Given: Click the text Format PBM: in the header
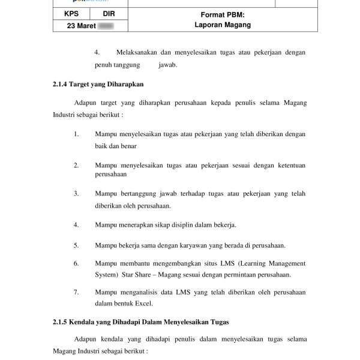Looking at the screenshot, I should click(x=223, y=14).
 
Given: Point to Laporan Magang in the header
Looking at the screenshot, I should click(x=223, y=25).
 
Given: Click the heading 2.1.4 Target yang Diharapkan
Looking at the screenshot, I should click(x=98, y=84).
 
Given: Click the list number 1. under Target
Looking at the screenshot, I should click(x=76, y=133).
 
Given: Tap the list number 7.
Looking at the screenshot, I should click(x=76, y=292).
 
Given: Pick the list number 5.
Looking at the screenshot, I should click(x=76, y=245).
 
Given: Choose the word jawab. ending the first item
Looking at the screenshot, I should click(x=168, y=64).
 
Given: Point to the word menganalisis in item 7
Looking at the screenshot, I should click(x=140, y=292).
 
